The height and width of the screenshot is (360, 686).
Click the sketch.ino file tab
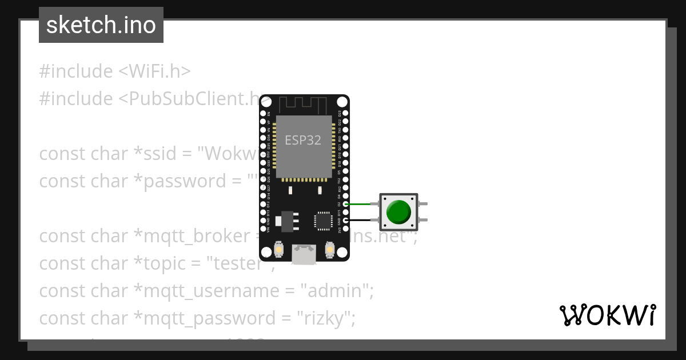pos(101,25)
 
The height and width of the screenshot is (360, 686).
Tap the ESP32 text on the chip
pos(303,140)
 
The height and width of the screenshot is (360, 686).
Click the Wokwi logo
pos(607,315)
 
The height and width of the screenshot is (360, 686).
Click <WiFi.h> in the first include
pos(154,71)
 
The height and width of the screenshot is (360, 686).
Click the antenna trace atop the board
pos(303,104)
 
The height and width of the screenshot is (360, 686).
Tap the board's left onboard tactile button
pos(279,250)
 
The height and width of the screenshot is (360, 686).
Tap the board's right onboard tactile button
pos(329,250)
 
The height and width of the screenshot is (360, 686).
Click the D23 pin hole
pos(344,113)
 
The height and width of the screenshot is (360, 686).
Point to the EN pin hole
pos(264,113)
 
